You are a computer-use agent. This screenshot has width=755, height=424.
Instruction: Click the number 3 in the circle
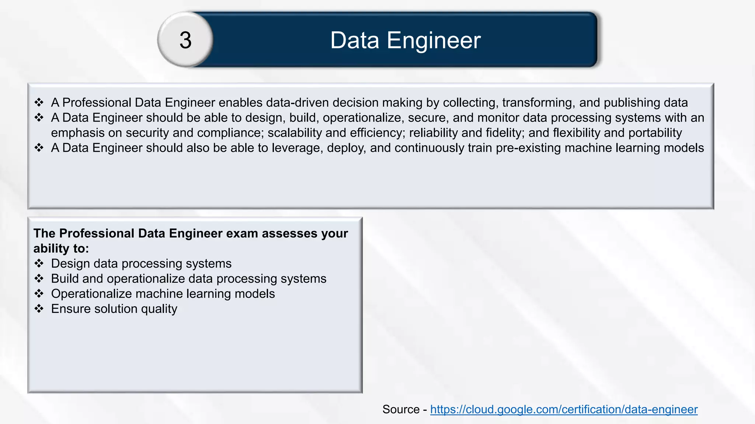pos(185,40)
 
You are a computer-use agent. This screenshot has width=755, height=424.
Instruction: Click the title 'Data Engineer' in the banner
pos(405,40)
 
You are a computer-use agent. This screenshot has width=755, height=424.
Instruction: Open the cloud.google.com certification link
pos(564,409)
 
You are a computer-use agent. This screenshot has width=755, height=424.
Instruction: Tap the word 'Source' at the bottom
pos(401,409)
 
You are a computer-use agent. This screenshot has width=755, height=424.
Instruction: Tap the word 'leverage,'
pos(297,148)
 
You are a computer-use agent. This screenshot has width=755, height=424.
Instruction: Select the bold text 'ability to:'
pos(61,248)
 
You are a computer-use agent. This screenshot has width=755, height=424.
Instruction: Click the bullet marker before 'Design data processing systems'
pos(39,264)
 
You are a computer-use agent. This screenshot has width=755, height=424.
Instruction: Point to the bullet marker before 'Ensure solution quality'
pos(39,309)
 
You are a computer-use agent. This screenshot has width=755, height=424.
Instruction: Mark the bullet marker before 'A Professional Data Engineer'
pos(39,102)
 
